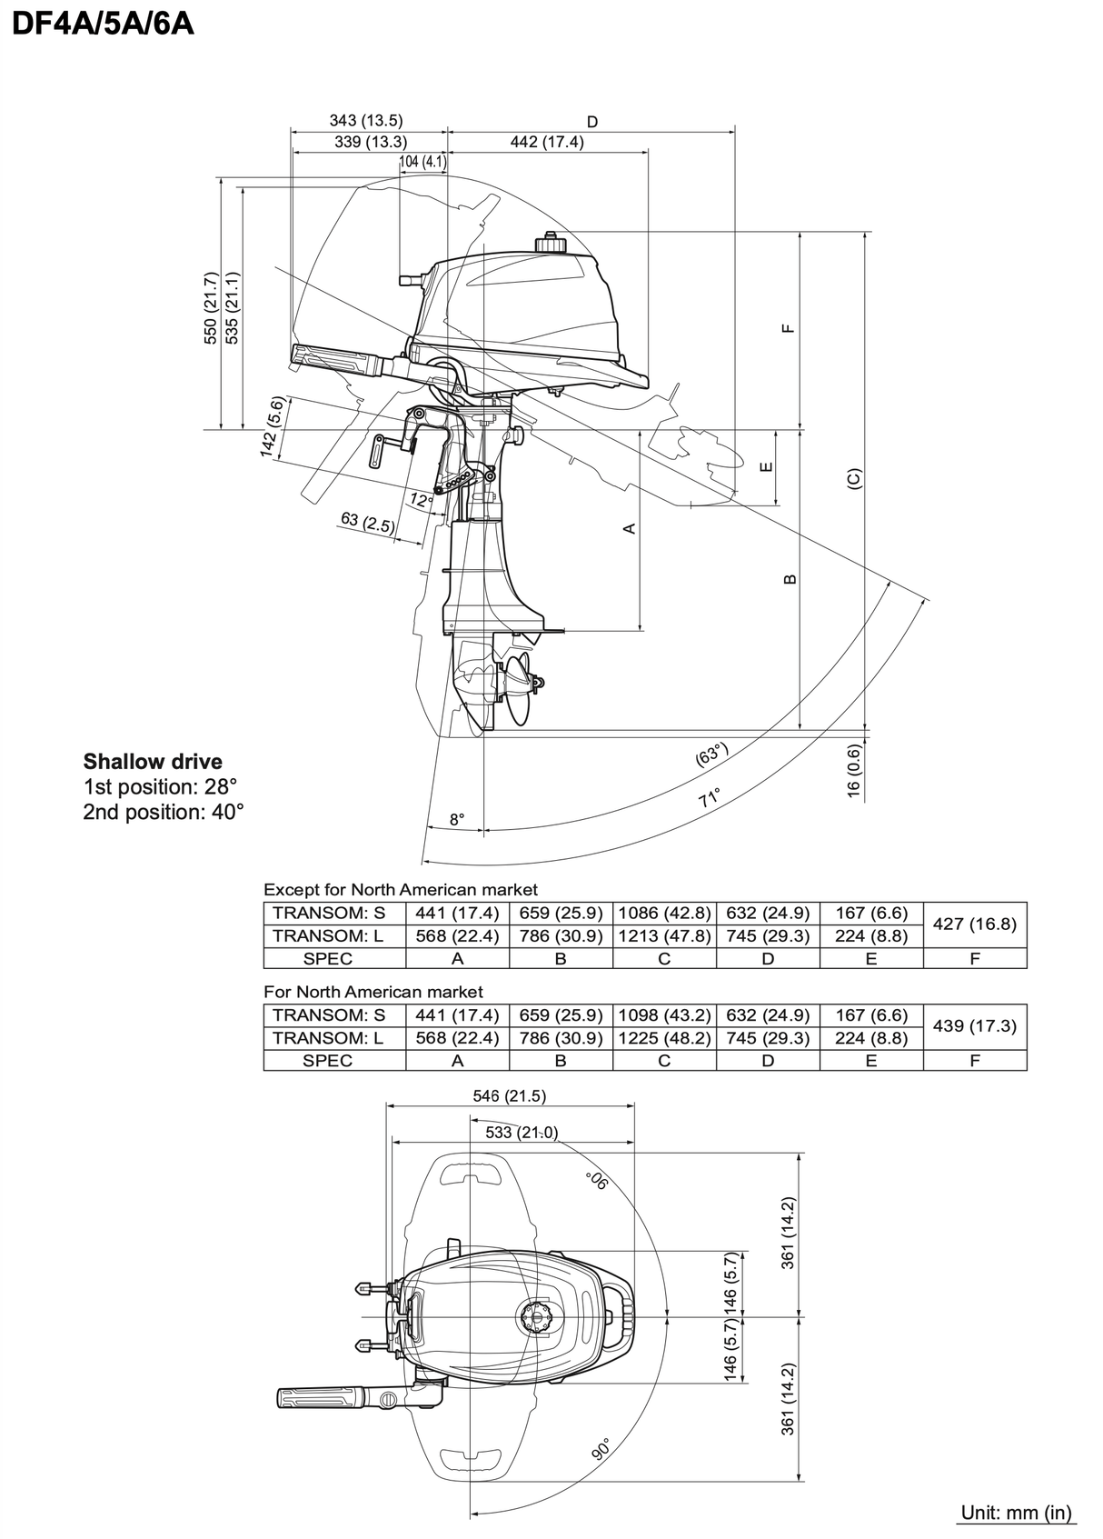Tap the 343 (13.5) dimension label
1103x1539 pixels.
[x=366, y=120]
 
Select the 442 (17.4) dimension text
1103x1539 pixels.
[x=546, y=142]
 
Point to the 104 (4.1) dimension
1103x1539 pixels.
[x=422, y=162]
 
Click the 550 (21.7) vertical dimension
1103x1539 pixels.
[x=211, y=308]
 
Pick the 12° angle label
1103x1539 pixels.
[x=421, y=499]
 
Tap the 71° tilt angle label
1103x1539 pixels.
[x=709, y=798]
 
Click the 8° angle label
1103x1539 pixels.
[x=457, y=819]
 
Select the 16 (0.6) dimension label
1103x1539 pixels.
[x=853, y=771]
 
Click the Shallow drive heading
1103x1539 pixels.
[x=153, y=762]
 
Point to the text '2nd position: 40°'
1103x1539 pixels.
[x=164, y=812]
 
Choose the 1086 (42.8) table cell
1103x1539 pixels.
[x=664, y=913]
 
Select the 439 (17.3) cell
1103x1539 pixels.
[x=975, y=1025]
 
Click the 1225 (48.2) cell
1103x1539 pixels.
[x=664, y=1037]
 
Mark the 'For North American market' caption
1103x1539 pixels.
[x=373, y=992]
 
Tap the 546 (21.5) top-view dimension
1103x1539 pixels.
[x=510, y=1095]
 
